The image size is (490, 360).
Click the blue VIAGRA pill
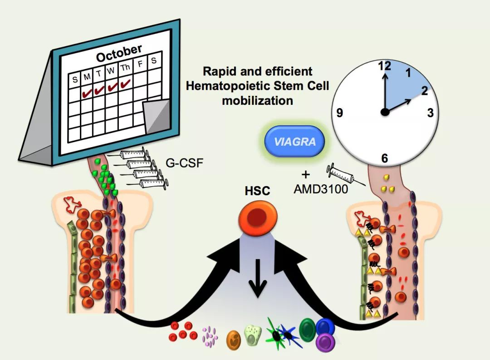pos(294,141)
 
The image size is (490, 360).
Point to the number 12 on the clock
pos(384,66)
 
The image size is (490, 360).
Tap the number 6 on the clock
pos(385,158)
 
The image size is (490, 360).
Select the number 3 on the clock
pos(430,113)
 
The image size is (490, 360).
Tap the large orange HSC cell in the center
pos(254,217)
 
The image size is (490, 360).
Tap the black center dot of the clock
pos(385,113)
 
